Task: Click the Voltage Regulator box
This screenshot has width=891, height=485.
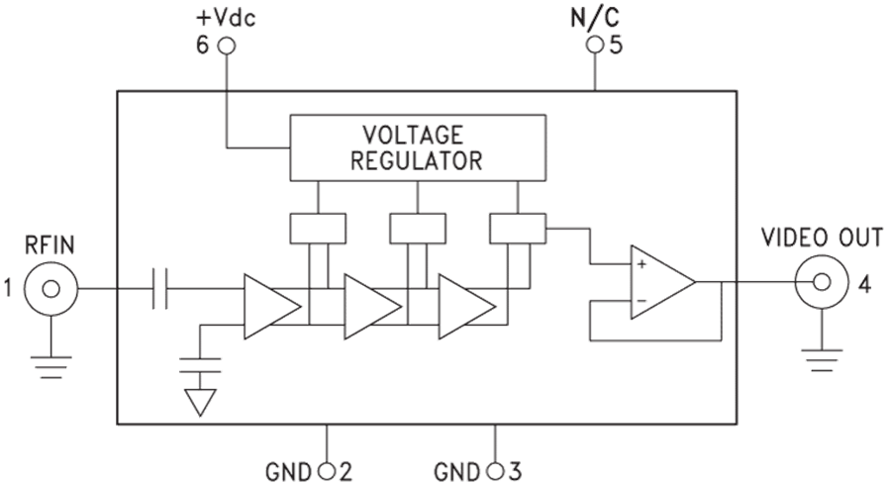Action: (x=417, y=146)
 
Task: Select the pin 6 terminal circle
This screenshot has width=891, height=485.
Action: (x=227, y=46)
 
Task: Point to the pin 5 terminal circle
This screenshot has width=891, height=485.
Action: (x=594, y=46)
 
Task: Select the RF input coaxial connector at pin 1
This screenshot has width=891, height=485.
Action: (x=47, y=288)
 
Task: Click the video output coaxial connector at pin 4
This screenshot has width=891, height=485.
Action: (x=821, y=284)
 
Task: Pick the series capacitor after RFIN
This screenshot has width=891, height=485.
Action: (x=160, y=288)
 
